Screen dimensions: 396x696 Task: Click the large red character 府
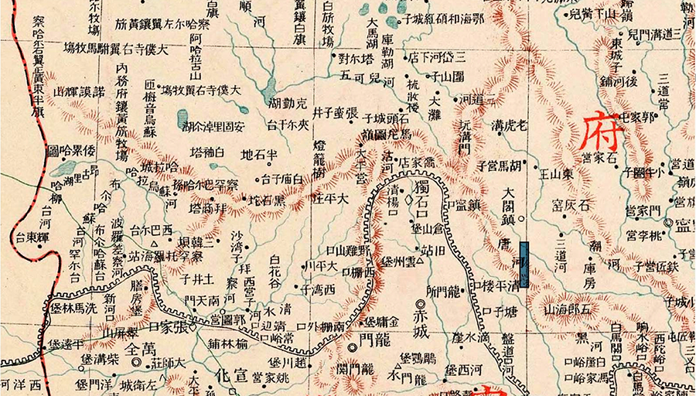[x=602, y=131]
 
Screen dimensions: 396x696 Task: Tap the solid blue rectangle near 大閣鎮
[x=526, y=265]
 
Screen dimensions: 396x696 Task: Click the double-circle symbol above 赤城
[x=420, y=303]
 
